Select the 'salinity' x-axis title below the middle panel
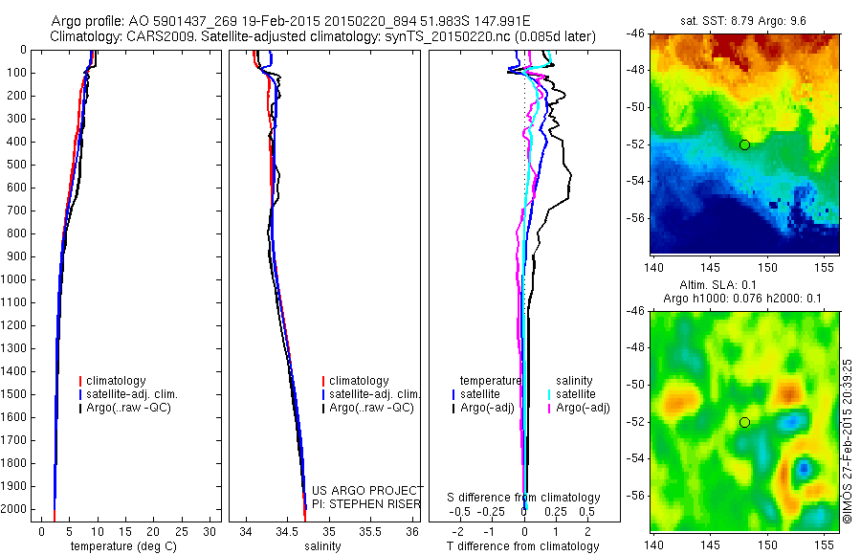322,546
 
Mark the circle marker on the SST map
744,144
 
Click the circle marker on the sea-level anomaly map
744,422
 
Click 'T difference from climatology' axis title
523,546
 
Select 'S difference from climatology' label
524,498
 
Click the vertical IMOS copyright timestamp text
848,441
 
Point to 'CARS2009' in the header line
153,36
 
